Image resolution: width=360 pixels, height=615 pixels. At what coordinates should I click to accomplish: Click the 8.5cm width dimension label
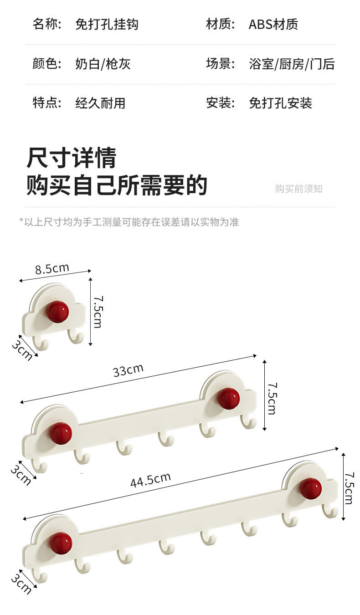click(52, 269)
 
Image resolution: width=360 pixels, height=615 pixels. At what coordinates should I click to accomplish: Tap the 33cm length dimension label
click(128, 370)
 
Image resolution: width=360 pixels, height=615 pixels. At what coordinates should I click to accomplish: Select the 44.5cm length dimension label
click(150, 479)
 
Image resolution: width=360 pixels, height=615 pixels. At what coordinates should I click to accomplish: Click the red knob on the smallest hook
click(57, 312)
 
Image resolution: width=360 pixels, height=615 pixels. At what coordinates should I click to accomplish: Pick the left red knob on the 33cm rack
click(61, 433)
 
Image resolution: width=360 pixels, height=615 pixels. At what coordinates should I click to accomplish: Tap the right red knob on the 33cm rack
click(228, 398)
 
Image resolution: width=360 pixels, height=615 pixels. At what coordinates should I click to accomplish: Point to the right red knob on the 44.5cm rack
click(311, 488)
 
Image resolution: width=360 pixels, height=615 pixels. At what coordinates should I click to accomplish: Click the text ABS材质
click(273, 24)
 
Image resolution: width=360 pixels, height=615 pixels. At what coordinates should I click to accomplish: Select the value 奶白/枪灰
click(103, 64)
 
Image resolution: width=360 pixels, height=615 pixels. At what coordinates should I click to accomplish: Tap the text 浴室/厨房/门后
click(292, 64)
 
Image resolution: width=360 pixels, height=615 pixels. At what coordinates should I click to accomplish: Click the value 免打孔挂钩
click(107, 24)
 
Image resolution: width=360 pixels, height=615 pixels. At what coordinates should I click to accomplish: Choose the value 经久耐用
click(100, 103)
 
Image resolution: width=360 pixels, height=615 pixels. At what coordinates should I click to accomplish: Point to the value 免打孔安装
click(280, 103)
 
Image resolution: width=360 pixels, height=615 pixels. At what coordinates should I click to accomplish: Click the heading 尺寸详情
click(72, 158)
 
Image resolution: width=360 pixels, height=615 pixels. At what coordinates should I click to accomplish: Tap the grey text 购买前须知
click(298, 189)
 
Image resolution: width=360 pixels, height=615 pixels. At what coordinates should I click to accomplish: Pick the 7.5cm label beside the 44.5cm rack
click(349, 487)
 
